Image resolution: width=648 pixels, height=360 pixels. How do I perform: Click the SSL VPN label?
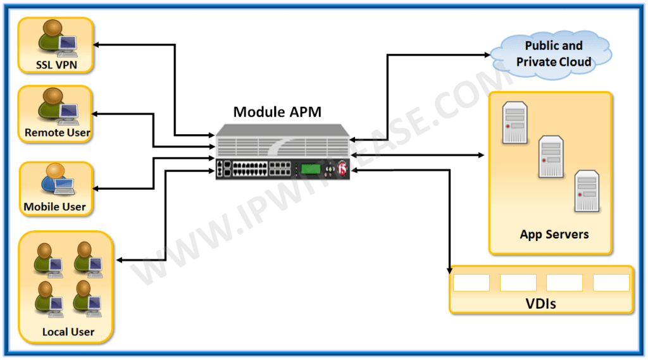point(55,65)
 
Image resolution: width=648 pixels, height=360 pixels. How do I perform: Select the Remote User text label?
point(57,133)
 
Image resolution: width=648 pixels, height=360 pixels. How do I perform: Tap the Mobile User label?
point(54,207)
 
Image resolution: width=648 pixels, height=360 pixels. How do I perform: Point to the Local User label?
point(68,332)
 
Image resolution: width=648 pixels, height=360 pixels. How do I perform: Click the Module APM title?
point(277,112)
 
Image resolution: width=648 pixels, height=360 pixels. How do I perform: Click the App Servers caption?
point(554,234)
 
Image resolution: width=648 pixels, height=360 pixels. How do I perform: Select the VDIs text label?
point(540,304)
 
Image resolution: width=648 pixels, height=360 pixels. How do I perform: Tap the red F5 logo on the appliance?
point(342,169)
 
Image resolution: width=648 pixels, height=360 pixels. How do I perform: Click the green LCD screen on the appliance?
point(309,169)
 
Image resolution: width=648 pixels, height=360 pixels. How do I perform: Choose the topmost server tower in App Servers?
point(515,122)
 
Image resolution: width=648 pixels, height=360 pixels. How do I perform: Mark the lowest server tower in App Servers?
point(586,190)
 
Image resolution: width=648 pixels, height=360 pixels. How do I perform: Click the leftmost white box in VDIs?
point(471,282)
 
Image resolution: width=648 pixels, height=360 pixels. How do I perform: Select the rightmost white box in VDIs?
point(611,282)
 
